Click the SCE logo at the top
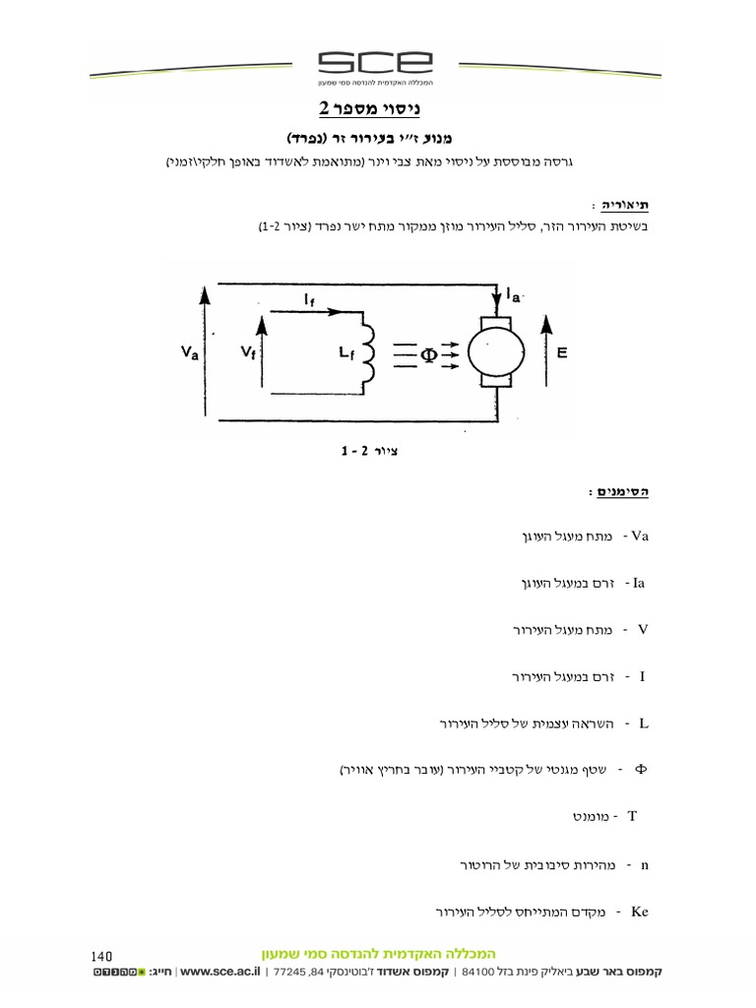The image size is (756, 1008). [x=377, y=64]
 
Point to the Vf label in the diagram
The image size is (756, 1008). [x=246, y=351]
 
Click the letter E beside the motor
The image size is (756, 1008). [x=562, y=350]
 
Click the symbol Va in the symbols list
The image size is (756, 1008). [x=640, y=536]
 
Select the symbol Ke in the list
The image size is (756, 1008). [x=640, y=912]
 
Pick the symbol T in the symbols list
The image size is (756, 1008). [x=632, y=817]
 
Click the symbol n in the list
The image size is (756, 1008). [x=644, y=865]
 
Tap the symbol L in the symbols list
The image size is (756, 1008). [x=644, y=724]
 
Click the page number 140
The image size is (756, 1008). [x=102, y=955]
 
